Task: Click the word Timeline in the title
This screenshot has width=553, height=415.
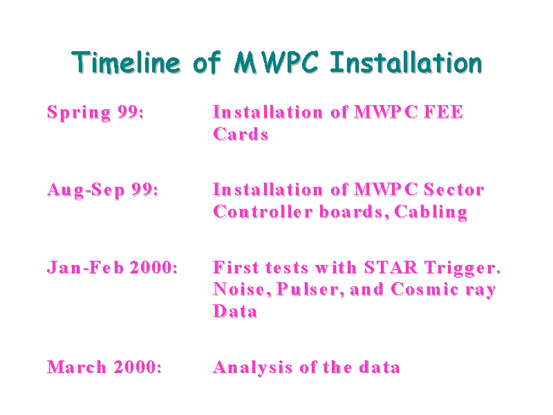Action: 126,63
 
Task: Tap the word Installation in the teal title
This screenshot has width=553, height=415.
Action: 406,63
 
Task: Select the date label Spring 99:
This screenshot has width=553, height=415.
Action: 95,113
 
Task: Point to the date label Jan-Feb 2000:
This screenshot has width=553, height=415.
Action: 112,267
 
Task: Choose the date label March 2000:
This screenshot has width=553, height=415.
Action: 104,367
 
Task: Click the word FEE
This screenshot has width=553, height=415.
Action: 444,112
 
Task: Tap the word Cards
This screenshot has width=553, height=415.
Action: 241,134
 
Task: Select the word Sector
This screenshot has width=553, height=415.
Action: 454,190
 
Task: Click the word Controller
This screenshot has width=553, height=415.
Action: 263,212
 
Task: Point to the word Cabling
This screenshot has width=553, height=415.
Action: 431,212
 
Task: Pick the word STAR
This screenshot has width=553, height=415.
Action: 391,268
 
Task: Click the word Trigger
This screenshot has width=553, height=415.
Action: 462,268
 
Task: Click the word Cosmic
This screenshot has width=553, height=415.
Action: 425,289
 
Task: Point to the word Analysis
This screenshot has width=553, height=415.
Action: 253,368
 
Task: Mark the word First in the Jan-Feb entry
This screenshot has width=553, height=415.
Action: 236,268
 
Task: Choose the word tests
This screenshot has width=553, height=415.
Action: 287,268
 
